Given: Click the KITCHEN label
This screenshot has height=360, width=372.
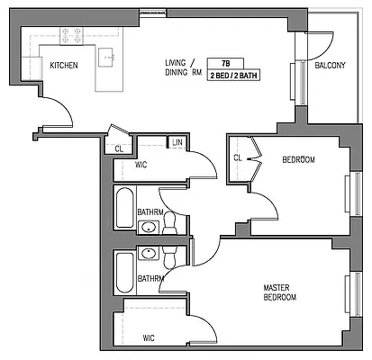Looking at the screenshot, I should (62, 65).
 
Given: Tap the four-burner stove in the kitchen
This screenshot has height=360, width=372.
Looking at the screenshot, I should (69, 37).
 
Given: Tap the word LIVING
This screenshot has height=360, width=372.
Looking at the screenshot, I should (176, 63).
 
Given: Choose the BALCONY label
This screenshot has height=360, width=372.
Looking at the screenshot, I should (330, 65).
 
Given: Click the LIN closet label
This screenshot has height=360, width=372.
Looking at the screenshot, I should (177, 143).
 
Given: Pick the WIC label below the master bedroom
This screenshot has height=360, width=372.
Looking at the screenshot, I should (149, 338).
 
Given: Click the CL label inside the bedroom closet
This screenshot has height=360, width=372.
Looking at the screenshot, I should (238, 158).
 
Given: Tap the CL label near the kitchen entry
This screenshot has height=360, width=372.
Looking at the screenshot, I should (120, 148).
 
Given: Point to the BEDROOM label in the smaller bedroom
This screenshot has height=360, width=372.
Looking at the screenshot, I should (298, 160).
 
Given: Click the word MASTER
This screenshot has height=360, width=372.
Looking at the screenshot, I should (276, 288).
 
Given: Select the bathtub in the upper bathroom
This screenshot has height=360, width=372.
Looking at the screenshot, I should (124, 211).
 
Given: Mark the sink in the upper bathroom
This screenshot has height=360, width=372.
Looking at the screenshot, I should (149, 227).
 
